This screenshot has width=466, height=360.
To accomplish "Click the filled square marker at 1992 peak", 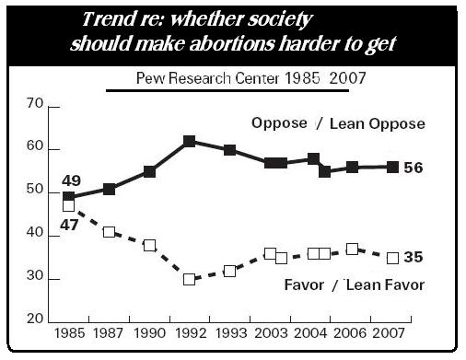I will pyautogui.click(x=189, y=141).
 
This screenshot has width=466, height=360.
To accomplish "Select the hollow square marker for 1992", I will pyautogui.click(x=189, y=279).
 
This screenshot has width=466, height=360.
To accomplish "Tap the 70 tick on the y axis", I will pyautogui.click(x=37, y=107).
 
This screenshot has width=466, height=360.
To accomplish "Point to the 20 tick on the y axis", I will pyautogui.click(x=37, y=319).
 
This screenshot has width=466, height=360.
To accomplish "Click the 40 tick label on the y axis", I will pyautogui.click(x=37, y=235).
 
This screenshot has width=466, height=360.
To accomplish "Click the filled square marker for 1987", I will pyautogui.click(x=109, y=189).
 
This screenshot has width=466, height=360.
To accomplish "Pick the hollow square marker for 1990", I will pyautogui.click(x=149, y=246).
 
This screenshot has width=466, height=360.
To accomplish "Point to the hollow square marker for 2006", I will pyautogui.click(x=352, y=249).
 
